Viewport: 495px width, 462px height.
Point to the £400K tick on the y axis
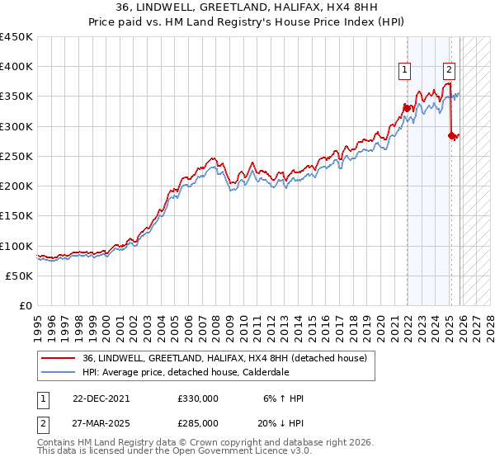click(x=16, y=67)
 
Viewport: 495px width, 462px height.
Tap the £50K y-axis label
click(x=19, y=276)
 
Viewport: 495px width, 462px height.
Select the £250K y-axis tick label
click(x=16, y=157)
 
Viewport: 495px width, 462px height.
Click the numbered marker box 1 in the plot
click(x=406, y=71)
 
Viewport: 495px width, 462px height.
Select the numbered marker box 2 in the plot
click(x=450, y=71)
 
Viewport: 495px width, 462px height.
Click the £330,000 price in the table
click(x=198, y=398)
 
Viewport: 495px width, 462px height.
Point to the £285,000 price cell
click(x=198, y=422)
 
